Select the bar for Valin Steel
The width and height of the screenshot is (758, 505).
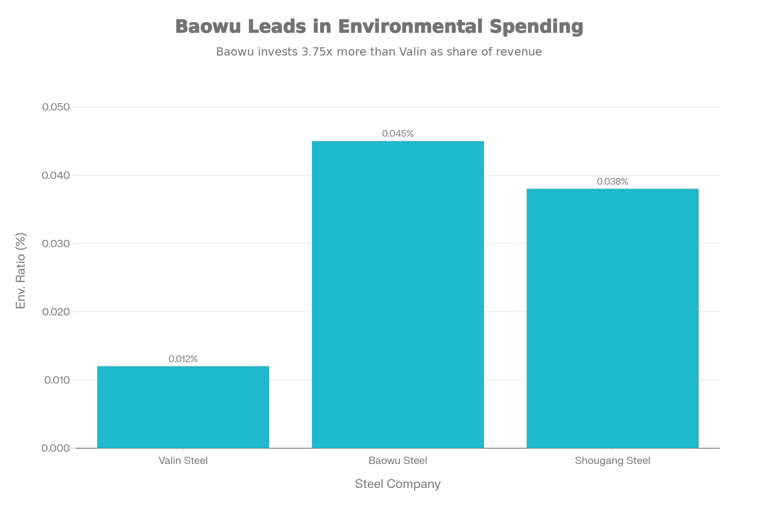coord(183,407)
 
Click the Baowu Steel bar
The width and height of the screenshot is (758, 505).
coord(398,294)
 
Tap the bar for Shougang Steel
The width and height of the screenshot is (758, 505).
coord(612,318)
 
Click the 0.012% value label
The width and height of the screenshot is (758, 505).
coord(183,359)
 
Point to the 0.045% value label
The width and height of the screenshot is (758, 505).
coord(398,134)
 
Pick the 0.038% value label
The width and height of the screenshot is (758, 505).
coord(612,182)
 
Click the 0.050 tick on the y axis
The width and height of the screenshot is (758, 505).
coord(56,107)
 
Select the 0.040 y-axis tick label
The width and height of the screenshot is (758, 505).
coord(56,175)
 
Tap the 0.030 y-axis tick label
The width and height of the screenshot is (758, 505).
coord(56,243)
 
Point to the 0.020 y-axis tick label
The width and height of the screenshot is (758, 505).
coord(56,312)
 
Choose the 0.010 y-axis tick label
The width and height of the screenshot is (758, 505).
coord(57,380)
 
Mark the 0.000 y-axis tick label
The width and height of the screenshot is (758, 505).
coord(56,448)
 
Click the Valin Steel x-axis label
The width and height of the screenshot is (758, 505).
coord(183,461)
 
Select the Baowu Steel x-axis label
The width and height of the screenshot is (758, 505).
coord(398,461)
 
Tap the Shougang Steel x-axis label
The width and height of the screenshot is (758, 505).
coord(612,461)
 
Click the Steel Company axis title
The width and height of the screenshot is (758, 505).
coord(398,484)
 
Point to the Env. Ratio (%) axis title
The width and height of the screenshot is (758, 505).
coord(21,270)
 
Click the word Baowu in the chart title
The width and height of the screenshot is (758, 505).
coord(208,27)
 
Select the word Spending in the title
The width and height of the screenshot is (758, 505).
coord(536,27)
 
